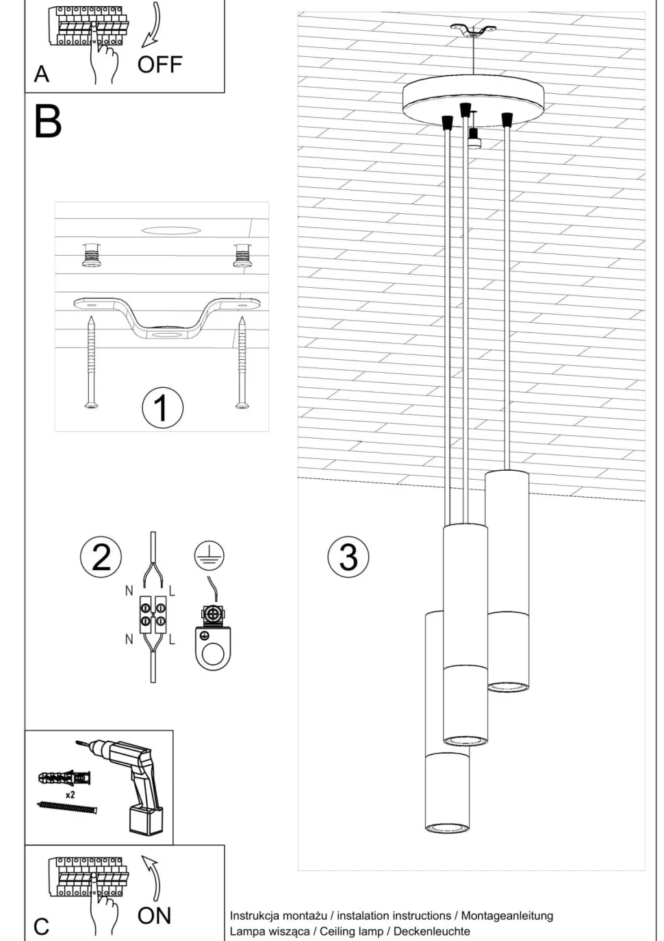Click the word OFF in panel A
pyautogui.click(x=159, y=65)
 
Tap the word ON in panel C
pyautogui.click(x=154, y=916)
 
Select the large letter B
pyautogui.click(x=48, y=121)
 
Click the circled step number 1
pyautogui.click(x=162, y=408)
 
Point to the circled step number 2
pyautogui.click(x=101, y=557)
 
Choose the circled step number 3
pyautogui.click(x=348, y=556)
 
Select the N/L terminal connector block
pyautogui.click(x=153, y=613)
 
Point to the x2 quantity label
pyautogui.click(x=70, y=795)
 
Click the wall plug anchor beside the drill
pyautogui.click(x=65, y=779)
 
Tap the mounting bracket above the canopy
pyautogui.click(x=473, y=31)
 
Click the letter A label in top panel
pyautogui.click(x=42, y=74)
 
